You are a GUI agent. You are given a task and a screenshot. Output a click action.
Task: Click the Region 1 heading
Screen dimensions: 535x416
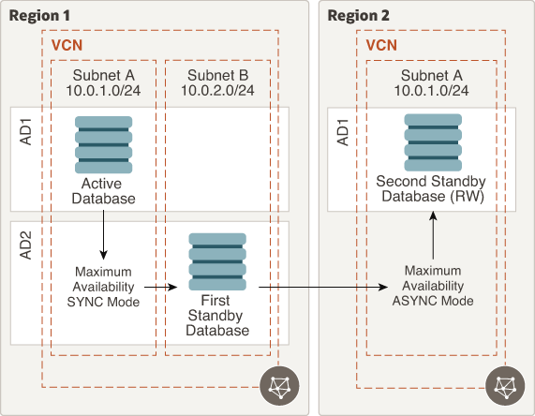(39, 16)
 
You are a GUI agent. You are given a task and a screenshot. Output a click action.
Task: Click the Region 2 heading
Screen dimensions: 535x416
(358, 16)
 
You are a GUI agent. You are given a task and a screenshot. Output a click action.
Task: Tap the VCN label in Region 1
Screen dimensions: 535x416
(67, 45)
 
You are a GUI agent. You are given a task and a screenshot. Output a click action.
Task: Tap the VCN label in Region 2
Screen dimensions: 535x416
(381, 45)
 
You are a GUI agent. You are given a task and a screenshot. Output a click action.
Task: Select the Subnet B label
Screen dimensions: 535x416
(217, 75)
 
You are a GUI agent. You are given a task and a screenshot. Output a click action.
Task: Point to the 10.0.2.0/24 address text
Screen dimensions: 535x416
(217, 91)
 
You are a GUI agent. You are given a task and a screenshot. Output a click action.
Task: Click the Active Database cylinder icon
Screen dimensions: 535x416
(103, 144)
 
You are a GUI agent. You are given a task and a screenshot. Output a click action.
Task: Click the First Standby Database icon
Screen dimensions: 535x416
(217, 261)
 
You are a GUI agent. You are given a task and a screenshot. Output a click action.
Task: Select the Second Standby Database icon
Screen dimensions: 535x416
(433, 142)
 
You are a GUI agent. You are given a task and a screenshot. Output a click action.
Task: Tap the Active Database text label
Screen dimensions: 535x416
(103, 191)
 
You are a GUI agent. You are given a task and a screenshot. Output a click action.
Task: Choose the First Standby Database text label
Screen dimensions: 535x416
(217, 316)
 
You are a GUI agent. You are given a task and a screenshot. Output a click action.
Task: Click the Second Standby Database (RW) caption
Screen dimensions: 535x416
(431, 188)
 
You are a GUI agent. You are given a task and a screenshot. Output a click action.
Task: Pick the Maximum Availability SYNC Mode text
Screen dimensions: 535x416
(103, 287)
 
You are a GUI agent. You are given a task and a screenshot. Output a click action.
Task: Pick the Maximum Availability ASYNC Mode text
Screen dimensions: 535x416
(433, 286)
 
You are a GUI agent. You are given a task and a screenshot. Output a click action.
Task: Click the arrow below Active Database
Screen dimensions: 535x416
(103, 235)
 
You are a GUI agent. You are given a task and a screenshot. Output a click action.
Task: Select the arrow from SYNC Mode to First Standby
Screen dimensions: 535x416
(161, 287)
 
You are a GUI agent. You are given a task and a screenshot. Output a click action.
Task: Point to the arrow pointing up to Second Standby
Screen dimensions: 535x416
(433, 235)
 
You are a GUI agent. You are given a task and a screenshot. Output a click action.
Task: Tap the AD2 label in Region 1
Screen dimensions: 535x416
(26, 245)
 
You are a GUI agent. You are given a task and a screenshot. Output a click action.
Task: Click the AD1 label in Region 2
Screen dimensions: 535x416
(343, 132)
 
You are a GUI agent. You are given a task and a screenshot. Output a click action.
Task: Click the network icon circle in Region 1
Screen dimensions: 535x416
(279, 386)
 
